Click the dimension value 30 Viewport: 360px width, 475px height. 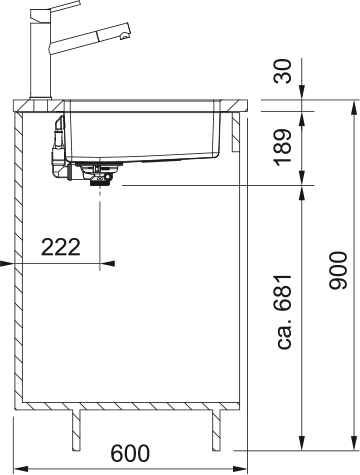point(284,71)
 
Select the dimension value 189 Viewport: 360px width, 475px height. point(283,147)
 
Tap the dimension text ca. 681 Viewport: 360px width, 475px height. point(284,312)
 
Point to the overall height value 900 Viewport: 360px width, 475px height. point(338,271)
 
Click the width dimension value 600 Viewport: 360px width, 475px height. point(130,453)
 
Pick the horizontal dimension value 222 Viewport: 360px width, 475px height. point(61,247)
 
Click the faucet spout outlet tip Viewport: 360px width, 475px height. point(124,36)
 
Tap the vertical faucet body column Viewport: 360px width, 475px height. point(40,59)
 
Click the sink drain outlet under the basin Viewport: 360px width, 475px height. point(99,174)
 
